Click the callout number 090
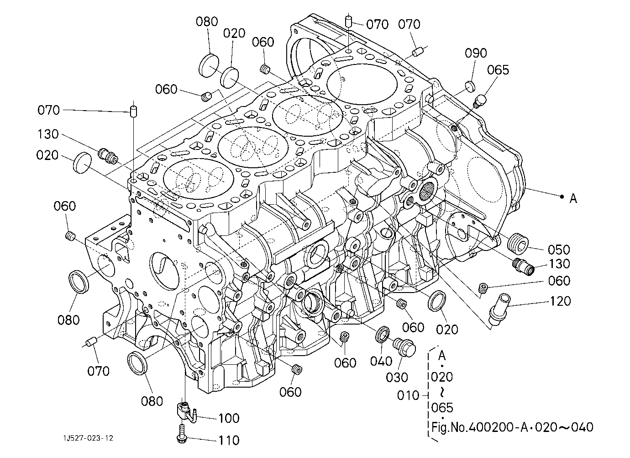476,53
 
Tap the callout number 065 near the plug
498,70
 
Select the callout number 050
559,250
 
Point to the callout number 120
560,301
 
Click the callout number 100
229,418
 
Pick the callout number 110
229,440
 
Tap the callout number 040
381,361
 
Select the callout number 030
397,378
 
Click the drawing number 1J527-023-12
88,438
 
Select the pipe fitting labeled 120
499,309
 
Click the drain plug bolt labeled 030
404,347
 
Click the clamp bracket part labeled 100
186,412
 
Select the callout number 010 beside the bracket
408,396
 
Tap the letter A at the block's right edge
573,198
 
